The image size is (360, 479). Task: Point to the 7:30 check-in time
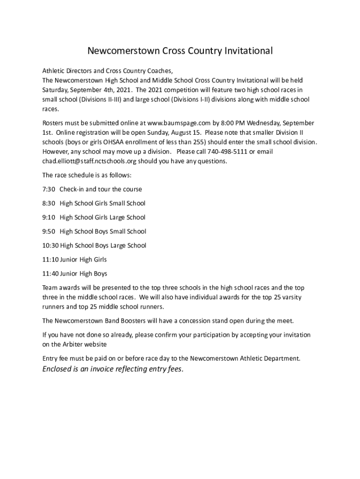click(49, 189)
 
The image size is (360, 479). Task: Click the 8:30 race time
click(49, 203)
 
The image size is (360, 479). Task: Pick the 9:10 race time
click(49, 218)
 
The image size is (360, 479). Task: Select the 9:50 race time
click(49, 232)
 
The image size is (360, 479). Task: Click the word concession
click(204, 321)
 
